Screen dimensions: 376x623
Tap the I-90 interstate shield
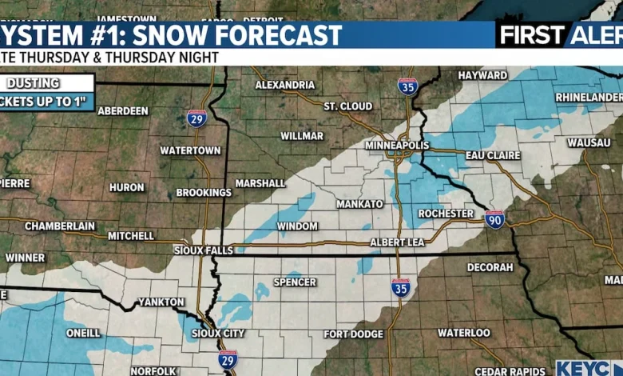(x=494, y=219)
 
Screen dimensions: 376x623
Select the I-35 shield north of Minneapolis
(x=407, y=86)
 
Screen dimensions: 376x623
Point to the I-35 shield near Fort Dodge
(x=400, y=288)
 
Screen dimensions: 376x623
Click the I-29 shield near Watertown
(x=197, y=118)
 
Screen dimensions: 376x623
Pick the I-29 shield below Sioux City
(x=228, y=359)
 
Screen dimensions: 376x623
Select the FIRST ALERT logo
(x=559, y=34)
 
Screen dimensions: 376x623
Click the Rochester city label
(x=446, y=214)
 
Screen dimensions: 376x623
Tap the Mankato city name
(x=359, y=204)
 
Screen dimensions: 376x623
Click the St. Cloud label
(x=347, y=106)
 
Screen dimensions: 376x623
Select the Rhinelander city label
(x=589, y=97)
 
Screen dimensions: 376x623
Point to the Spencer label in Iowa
(x=295, y=282)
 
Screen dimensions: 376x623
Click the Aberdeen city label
(x=122, y=111)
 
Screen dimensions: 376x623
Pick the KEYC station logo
(x=589, y=368)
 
